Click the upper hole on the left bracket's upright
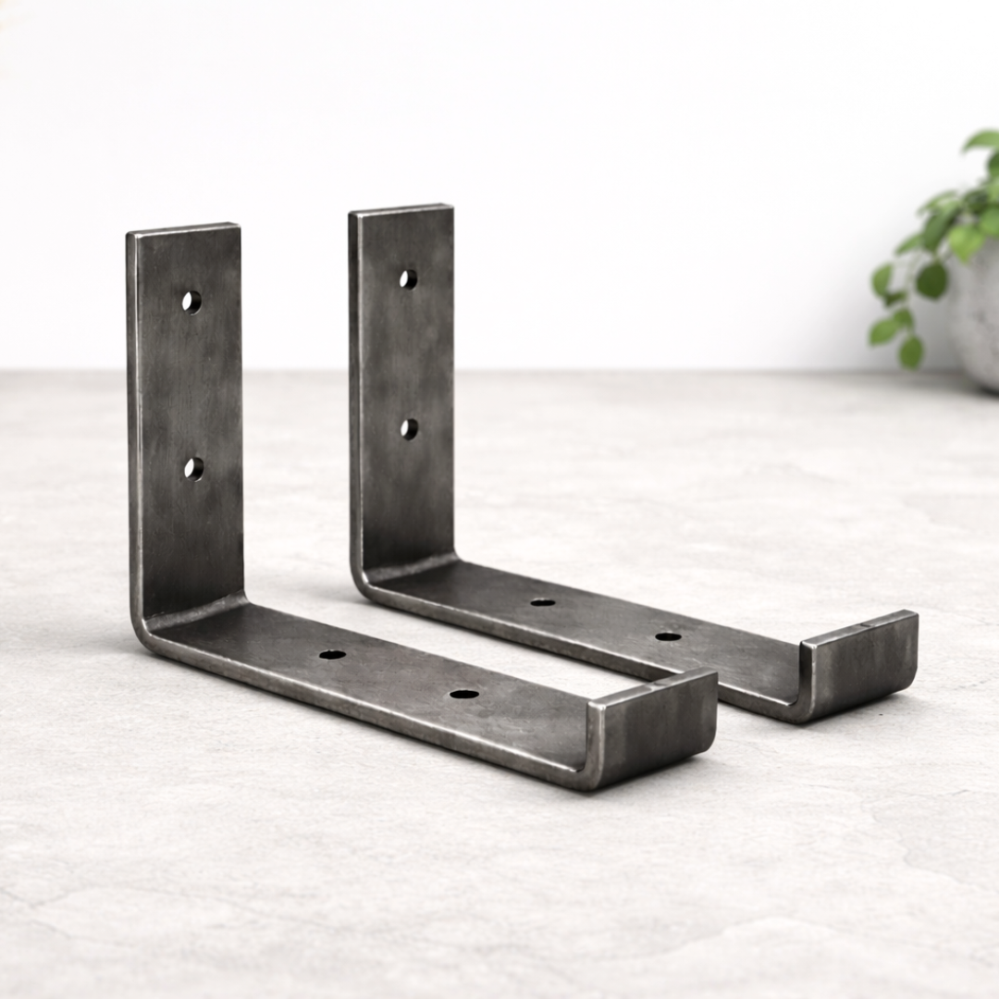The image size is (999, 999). [191, 302]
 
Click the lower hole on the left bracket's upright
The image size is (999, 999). [193, 468]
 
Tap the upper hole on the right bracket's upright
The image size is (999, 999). [408, 278]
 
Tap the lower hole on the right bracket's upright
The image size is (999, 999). [409, 428]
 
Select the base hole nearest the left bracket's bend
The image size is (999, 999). [332, 654]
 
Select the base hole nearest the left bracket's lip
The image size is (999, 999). [464, 693]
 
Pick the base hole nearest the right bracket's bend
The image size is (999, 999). [543, 602]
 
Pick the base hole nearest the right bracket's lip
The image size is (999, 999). [668, 636]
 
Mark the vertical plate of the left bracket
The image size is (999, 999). [190, 388]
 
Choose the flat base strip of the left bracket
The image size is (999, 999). [398, 675]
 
